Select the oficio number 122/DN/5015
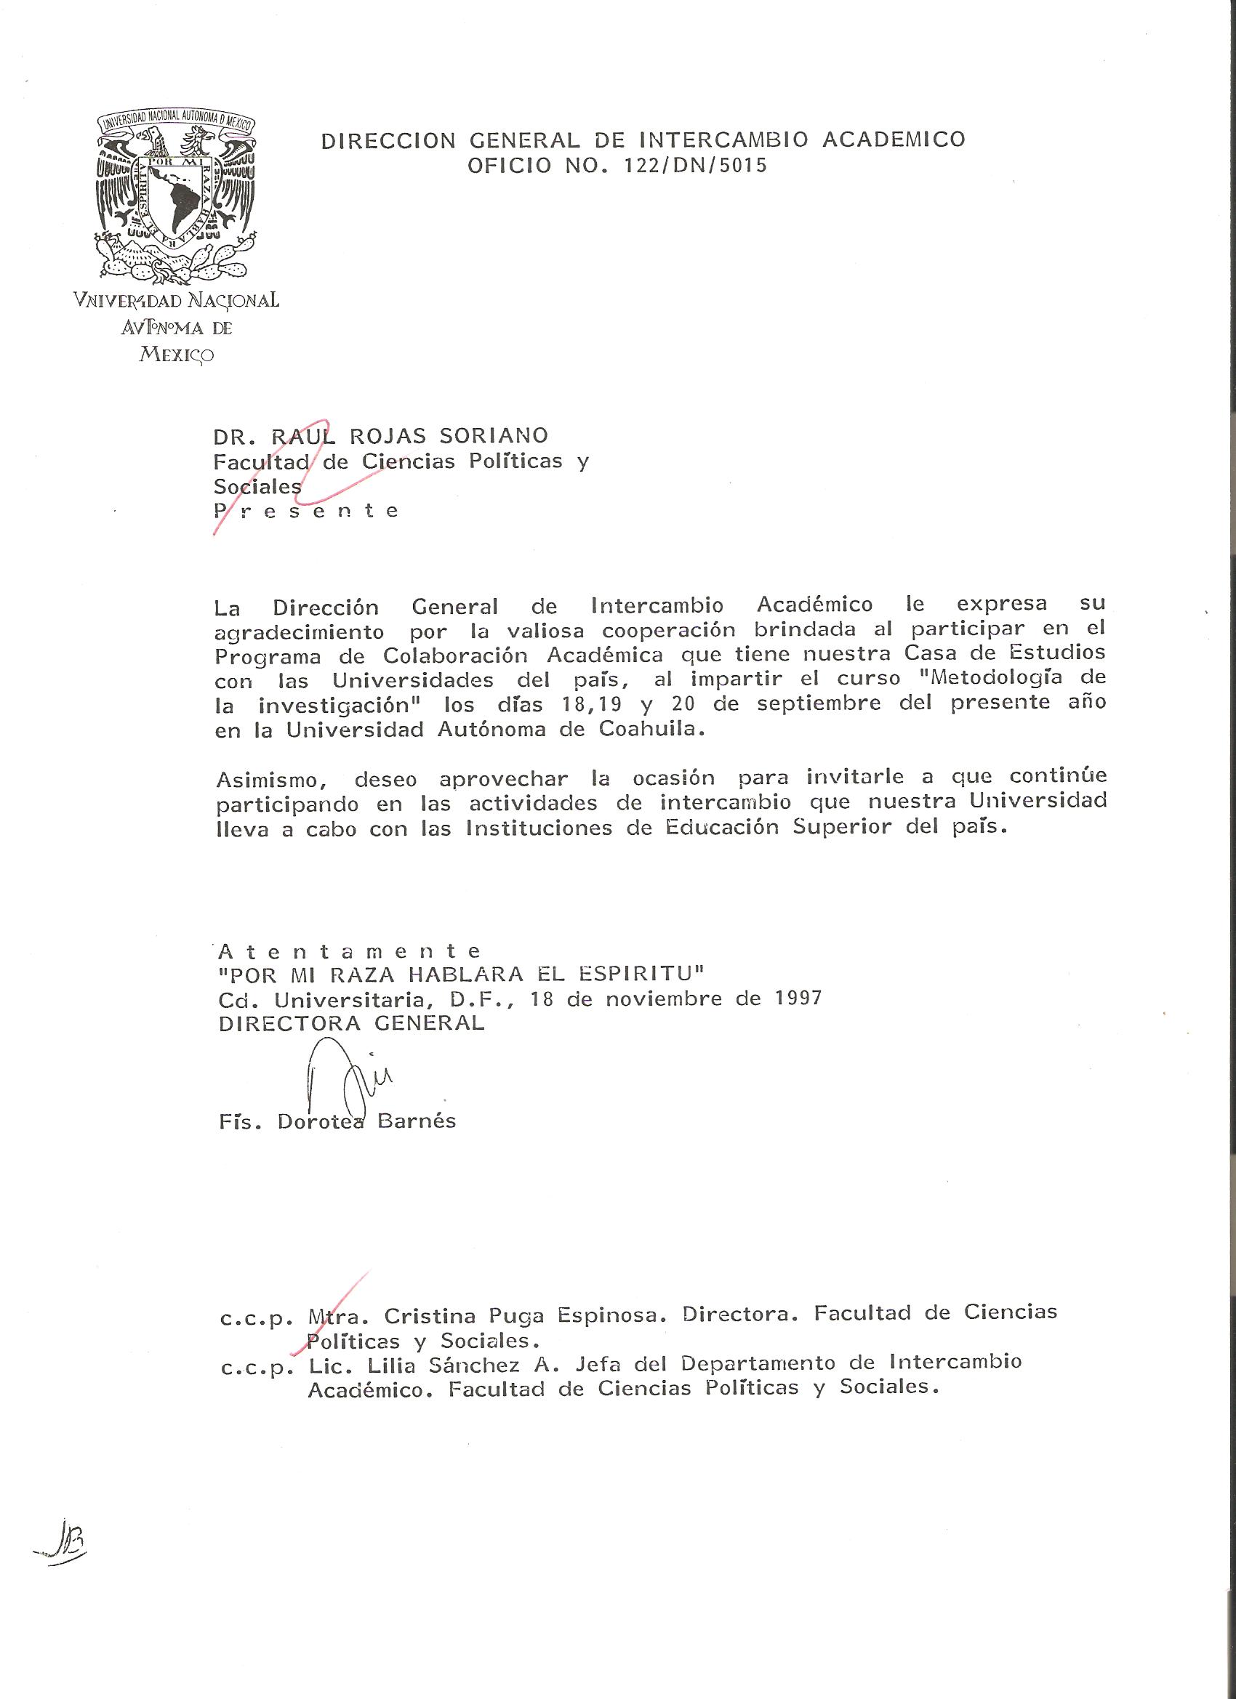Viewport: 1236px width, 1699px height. click(696, 166)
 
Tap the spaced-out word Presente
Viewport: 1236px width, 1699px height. click(306, 512)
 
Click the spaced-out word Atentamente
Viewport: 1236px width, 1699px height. click(349, 951)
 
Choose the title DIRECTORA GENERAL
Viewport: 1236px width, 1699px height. click(352, 1023)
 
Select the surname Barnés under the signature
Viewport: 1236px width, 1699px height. click(416, 1121)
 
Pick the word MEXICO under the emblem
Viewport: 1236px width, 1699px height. click(177, 355)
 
